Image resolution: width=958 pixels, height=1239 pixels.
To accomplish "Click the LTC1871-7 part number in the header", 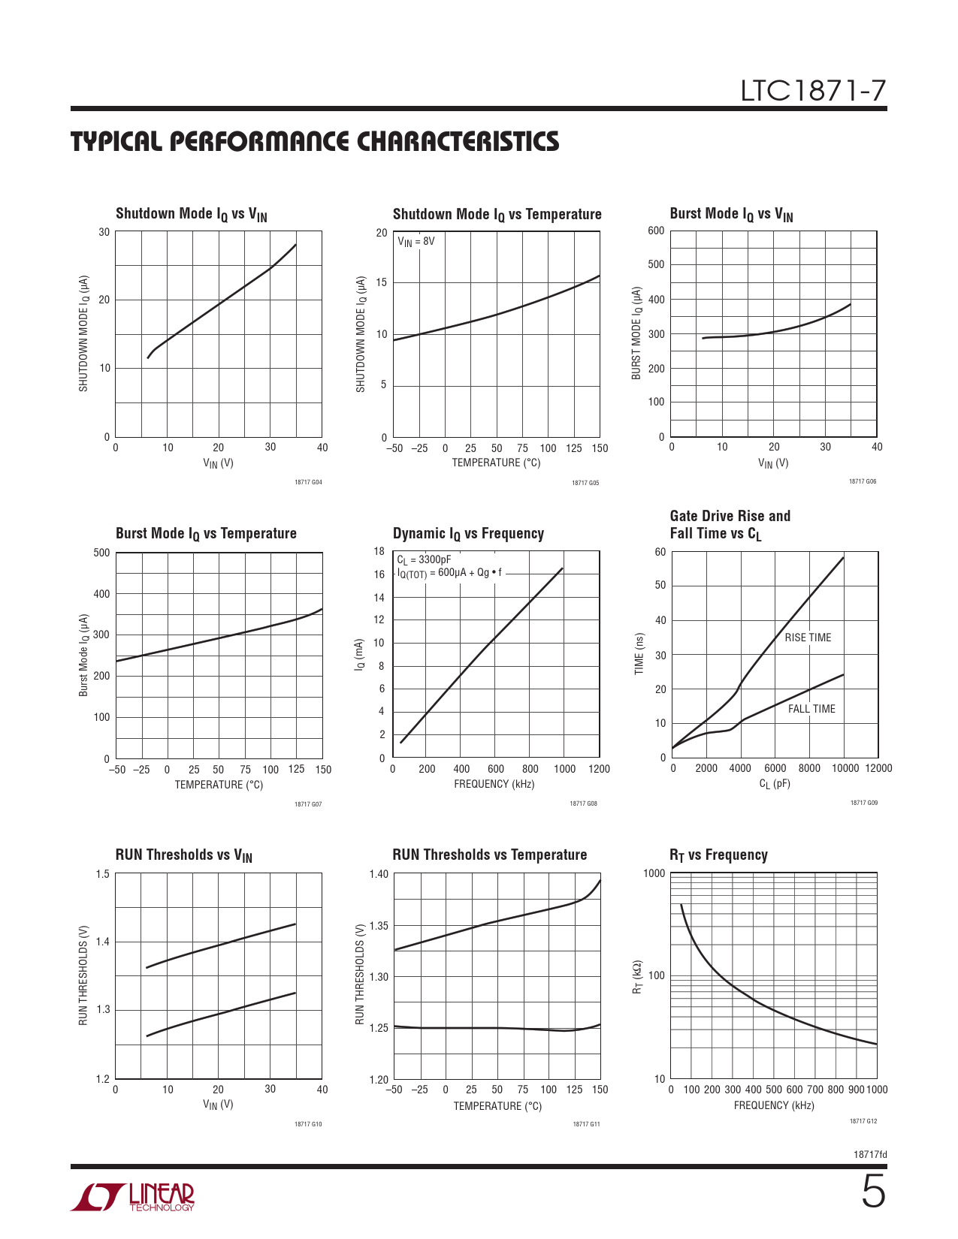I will coord(813,91).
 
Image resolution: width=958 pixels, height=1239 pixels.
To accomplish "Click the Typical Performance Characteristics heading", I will coord(315,142).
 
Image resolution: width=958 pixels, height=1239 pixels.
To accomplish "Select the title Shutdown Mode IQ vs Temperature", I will coord(497,215).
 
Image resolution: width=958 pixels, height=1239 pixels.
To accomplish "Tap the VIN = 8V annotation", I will coord(416,242).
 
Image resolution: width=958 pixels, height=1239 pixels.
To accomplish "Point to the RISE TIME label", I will coord(808,638).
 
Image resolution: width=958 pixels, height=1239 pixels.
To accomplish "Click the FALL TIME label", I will coord(811,709).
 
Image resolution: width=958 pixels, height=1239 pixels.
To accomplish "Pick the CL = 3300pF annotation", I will coord(424,559).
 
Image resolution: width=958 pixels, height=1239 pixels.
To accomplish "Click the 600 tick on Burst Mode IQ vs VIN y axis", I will coord(656,231).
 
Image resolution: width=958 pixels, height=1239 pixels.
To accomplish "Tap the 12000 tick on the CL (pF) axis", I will coord(878,768).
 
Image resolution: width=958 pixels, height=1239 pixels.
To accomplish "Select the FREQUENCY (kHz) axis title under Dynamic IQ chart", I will coord(494,784).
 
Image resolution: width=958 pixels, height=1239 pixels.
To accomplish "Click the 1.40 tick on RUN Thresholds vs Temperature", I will coord(379,874).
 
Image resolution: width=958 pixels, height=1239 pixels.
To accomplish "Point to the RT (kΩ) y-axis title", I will coord(637,976).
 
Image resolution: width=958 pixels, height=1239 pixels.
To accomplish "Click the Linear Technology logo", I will coord(133,1197).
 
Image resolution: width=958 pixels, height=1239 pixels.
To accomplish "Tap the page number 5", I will coord(872,1192).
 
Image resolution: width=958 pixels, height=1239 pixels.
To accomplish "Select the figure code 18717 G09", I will coord(863,803).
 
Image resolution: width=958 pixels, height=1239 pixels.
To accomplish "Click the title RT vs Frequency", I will coord(718,855).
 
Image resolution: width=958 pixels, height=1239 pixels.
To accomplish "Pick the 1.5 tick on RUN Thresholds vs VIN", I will coord(103,874).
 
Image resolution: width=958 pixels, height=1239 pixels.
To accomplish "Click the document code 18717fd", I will coord(870,1154).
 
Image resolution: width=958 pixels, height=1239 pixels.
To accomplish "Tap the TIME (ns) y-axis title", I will coord(639,653).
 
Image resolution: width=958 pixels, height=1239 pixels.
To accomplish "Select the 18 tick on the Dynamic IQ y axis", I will coord(379,551).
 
